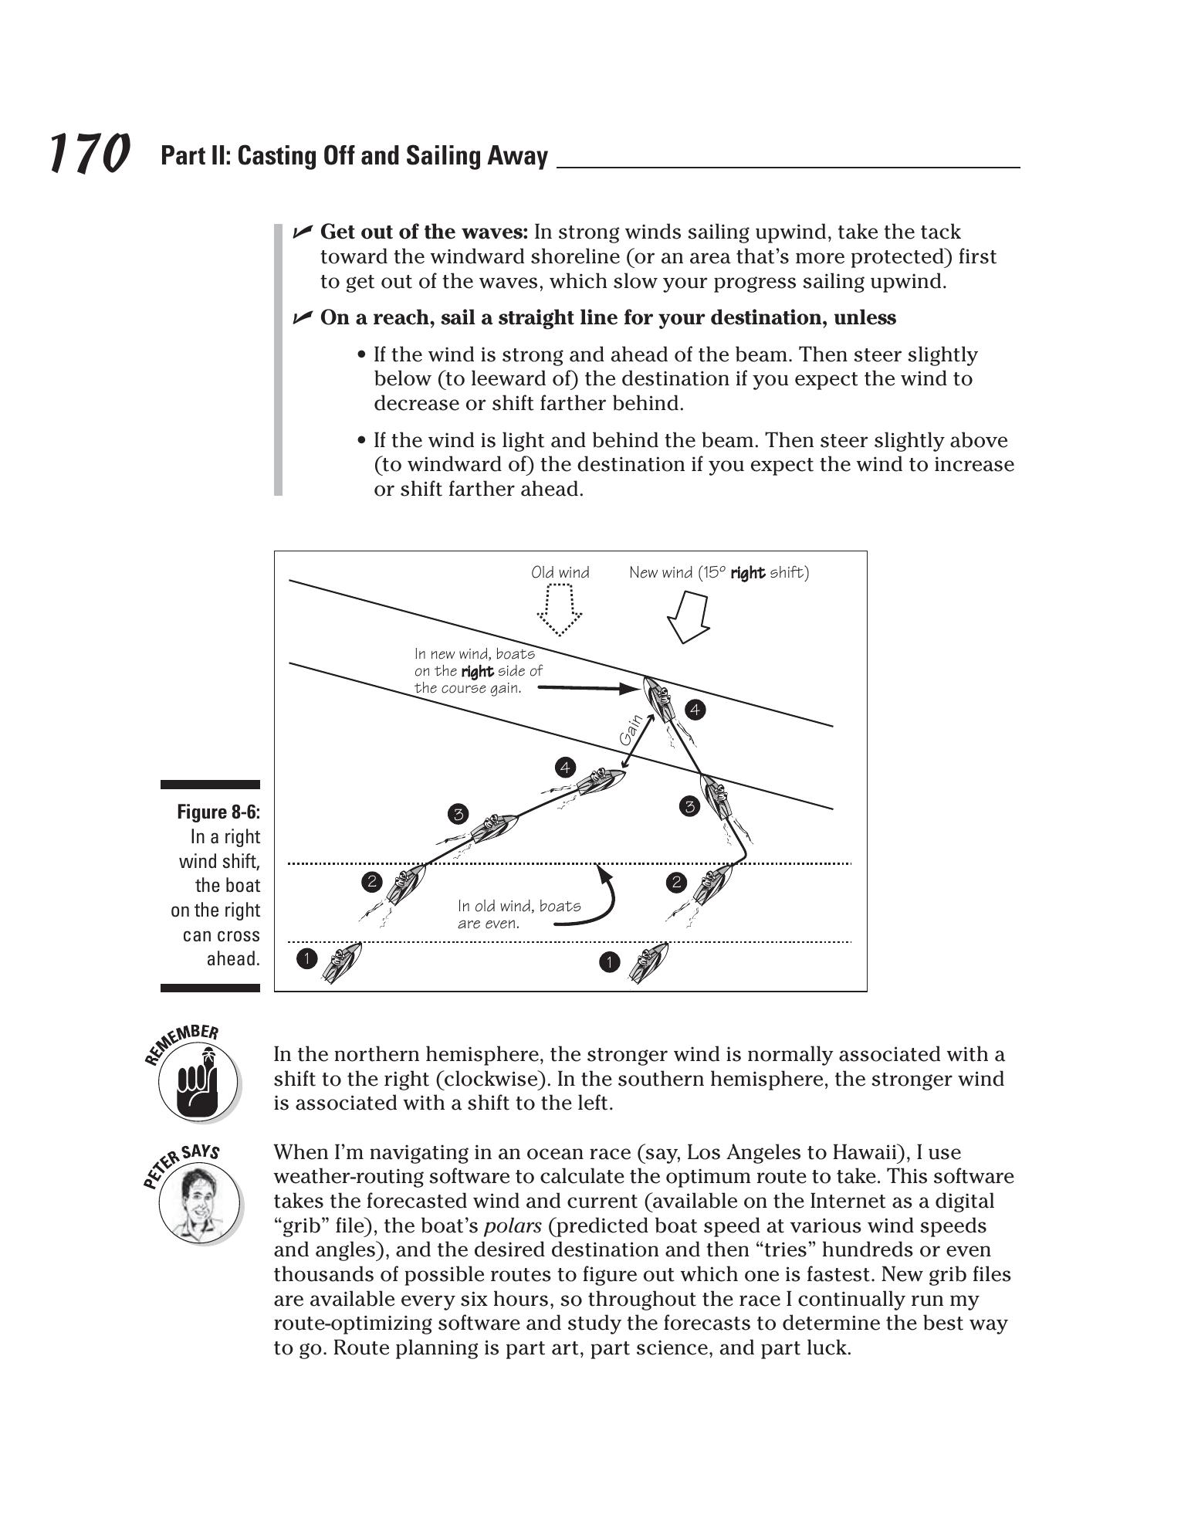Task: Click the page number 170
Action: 89,153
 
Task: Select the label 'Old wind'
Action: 560,573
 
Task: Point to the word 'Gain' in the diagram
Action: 631,730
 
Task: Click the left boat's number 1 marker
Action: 306,959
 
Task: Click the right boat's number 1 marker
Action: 609,962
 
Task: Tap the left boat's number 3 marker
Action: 458,814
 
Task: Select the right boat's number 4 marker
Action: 695,710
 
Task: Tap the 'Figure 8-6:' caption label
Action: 218,812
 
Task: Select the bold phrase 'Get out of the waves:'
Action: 424,232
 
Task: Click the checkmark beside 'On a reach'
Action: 303,317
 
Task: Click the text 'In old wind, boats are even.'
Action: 519,914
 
